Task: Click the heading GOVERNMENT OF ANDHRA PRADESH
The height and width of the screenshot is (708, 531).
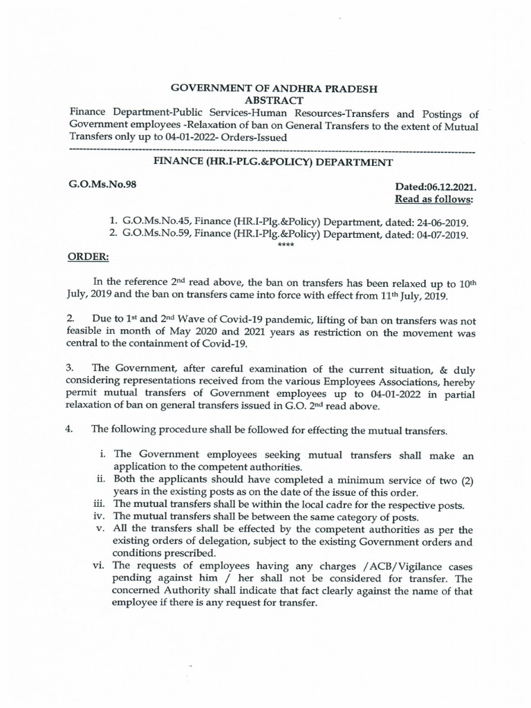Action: click(265, 88)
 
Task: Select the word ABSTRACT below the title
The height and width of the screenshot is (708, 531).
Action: click(265, 101)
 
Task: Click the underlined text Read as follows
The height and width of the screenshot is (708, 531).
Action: click(435, 200)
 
